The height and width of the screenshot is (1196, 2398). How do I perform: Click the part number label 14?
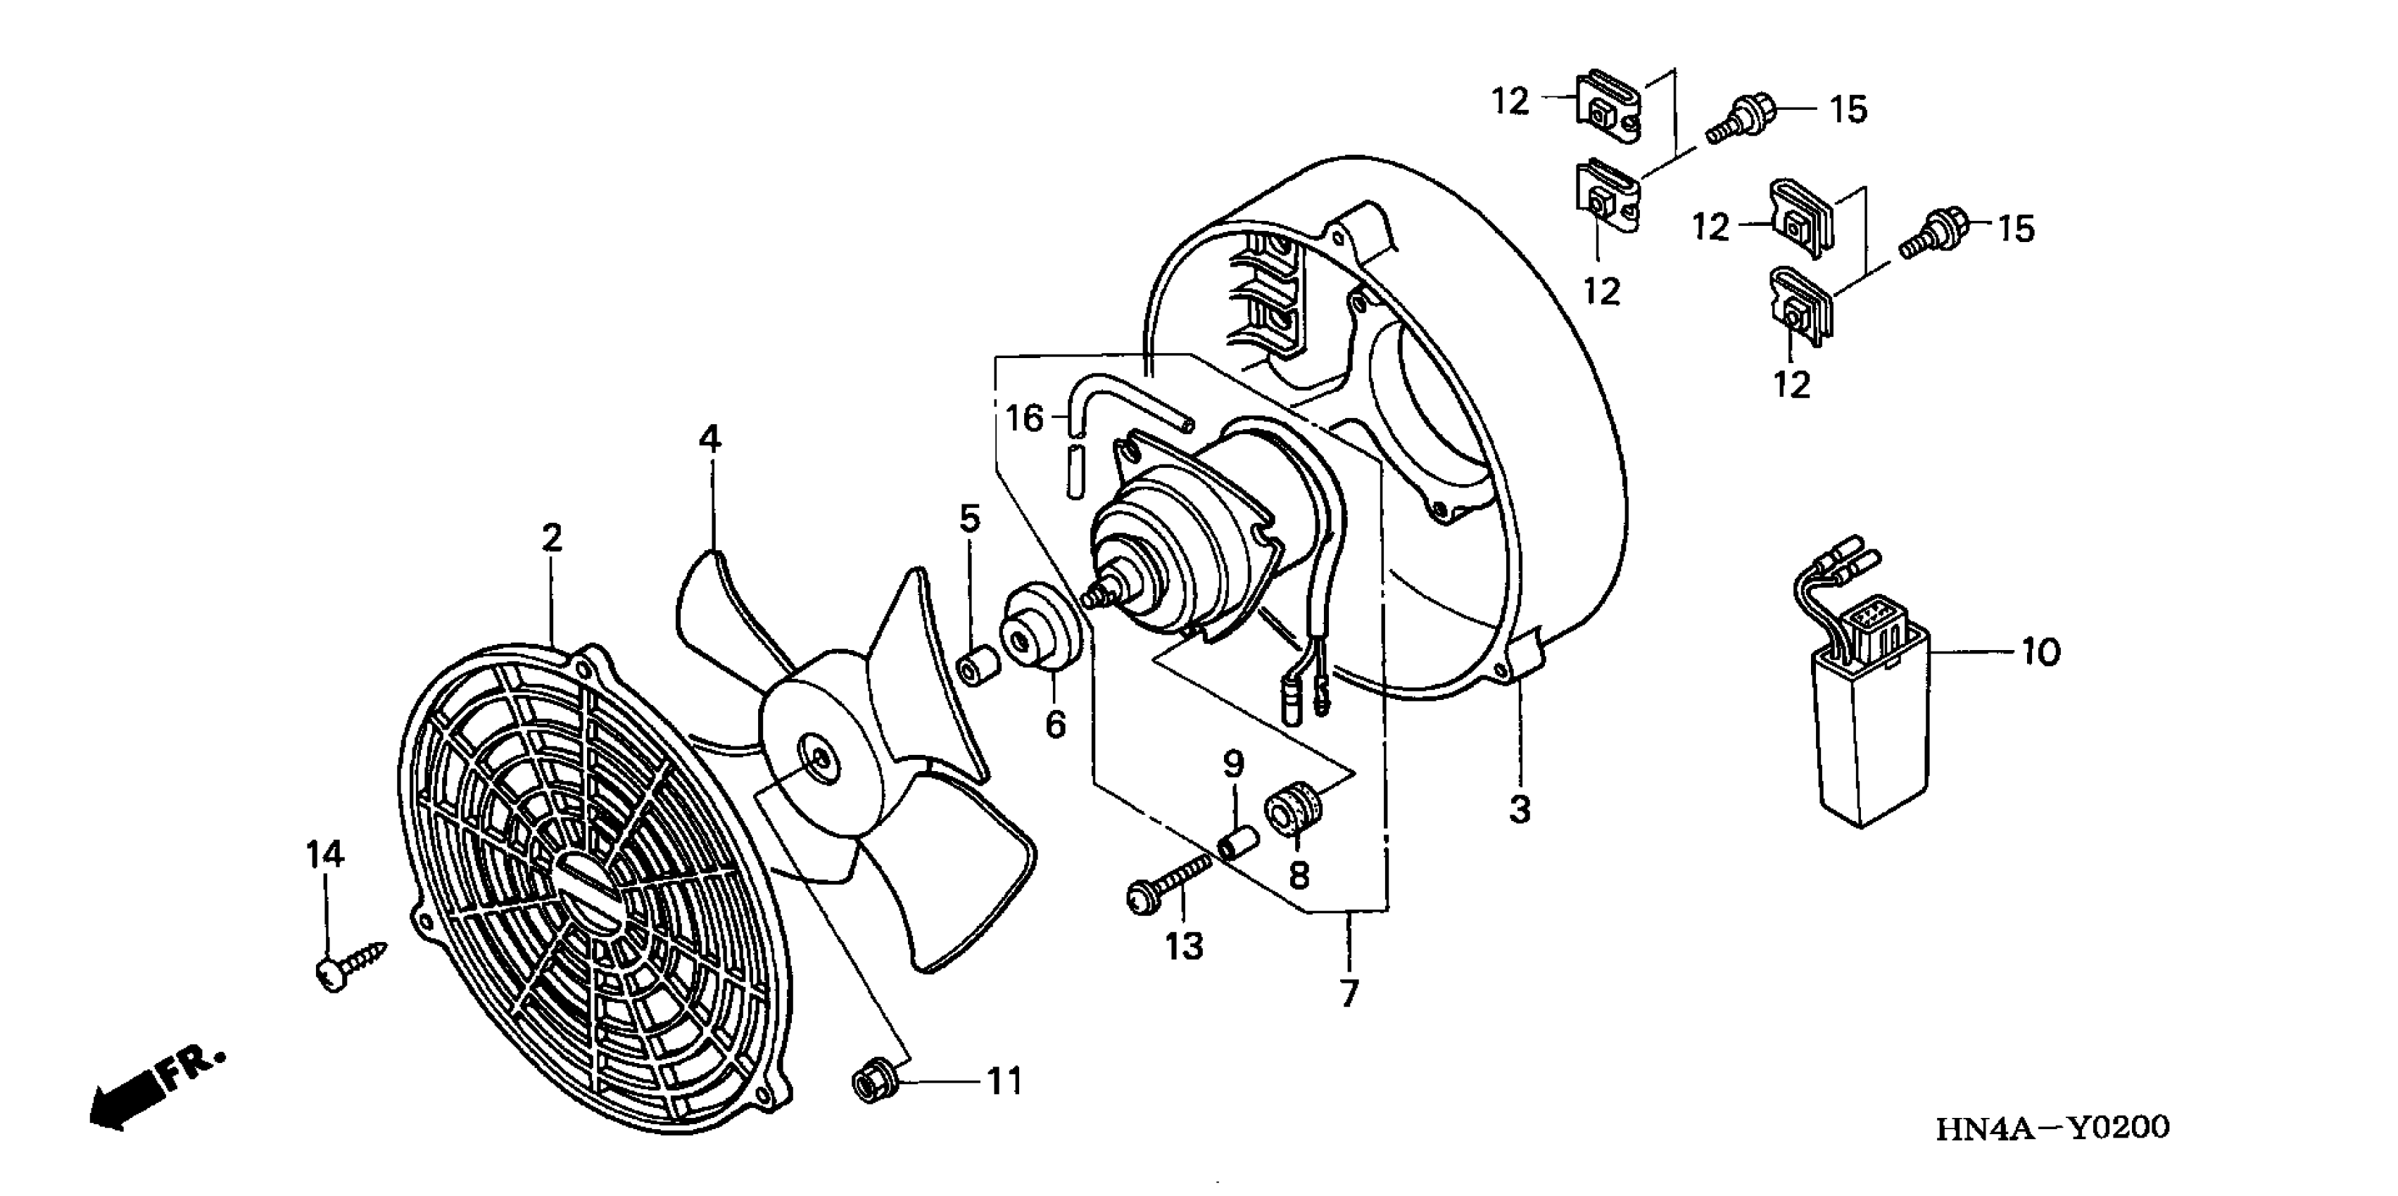tap(326, 854)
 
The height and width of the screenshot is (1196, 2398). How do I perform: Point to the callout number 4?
tap(709, 438)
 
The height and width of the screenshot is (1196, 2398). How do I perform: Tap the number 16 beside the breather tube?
tap(1025, 419)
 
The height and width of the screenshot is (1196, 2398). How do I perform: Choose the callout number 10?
tap(2040, 652)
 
